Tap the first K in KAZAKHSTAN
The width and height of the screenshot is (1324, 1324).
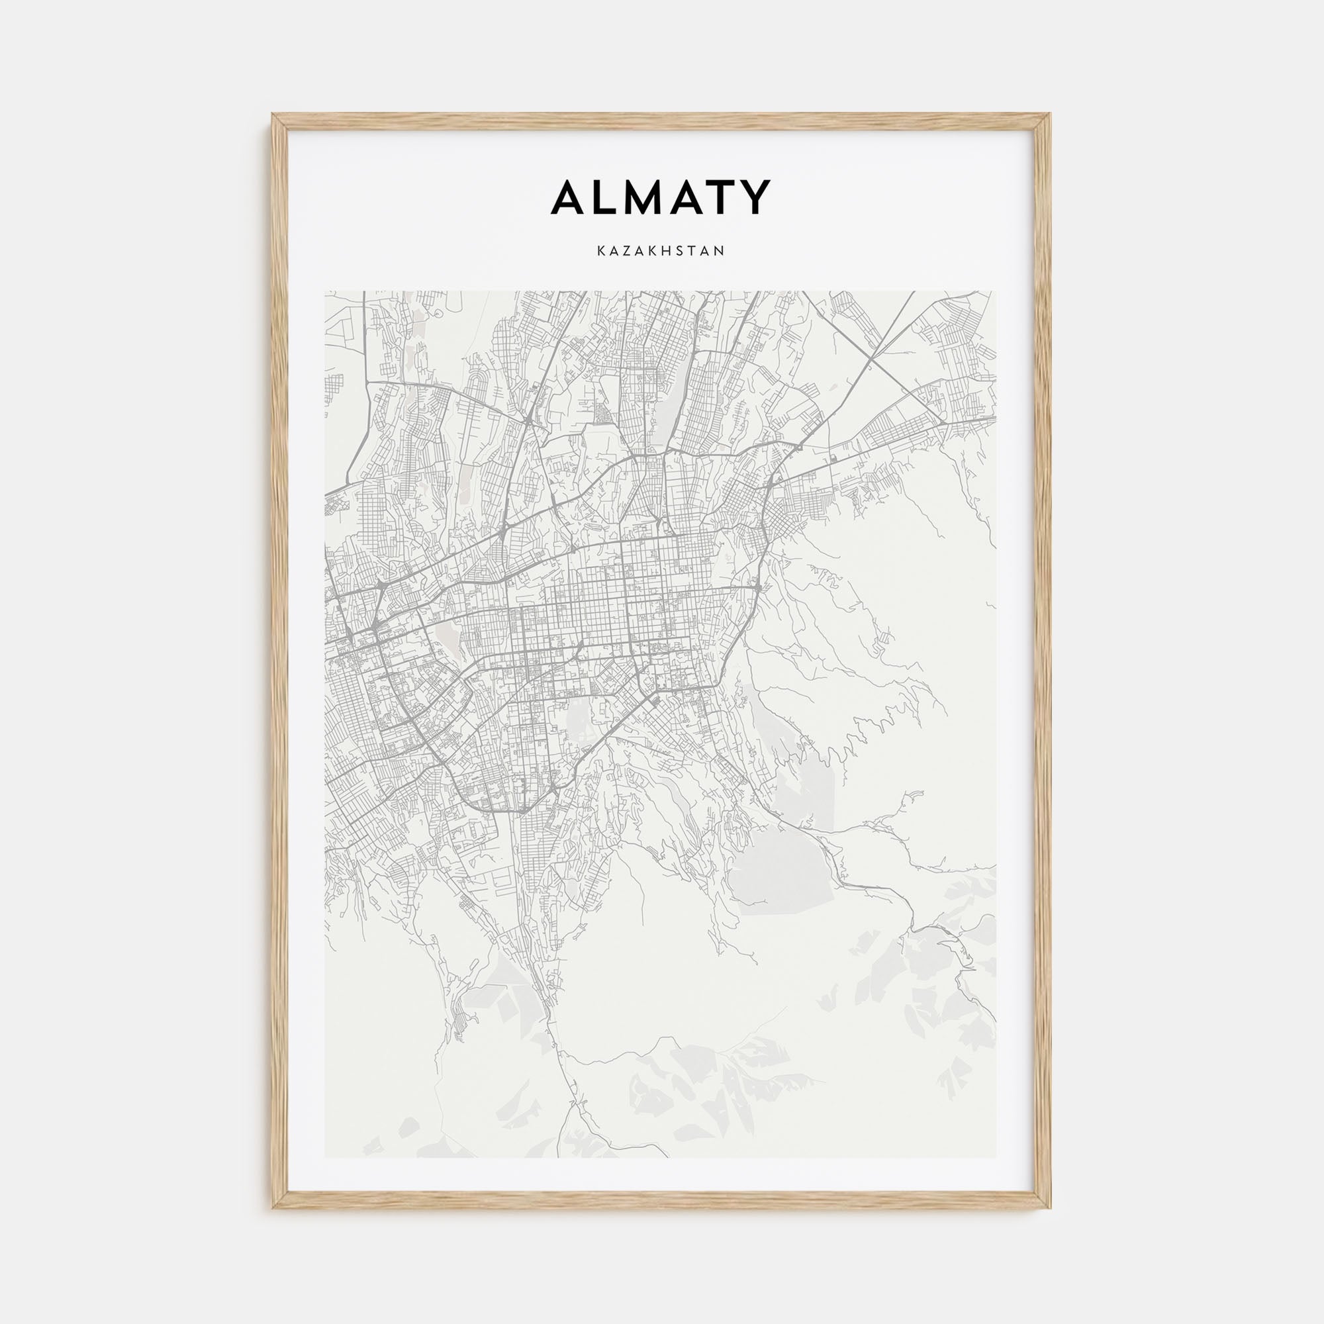(601, 252)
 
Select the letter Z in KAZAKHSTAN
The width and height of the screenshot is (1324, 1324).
(628, 252)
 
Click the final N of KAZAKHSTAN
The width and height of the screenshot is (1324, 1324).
(720, 252)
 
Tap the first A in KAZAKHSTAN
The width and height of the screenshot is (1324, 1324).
(615, 252)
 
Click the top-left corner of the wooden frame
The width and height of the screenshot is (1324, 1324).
(273, 115)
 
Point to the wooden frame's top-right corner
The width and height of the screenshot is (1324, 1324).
(1051, 115)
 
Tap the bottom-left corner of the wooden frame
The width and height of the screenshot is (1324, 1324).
(273, 1207)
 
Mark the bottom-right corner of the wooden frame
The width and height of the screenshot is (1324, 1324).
(1051, 1207)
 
